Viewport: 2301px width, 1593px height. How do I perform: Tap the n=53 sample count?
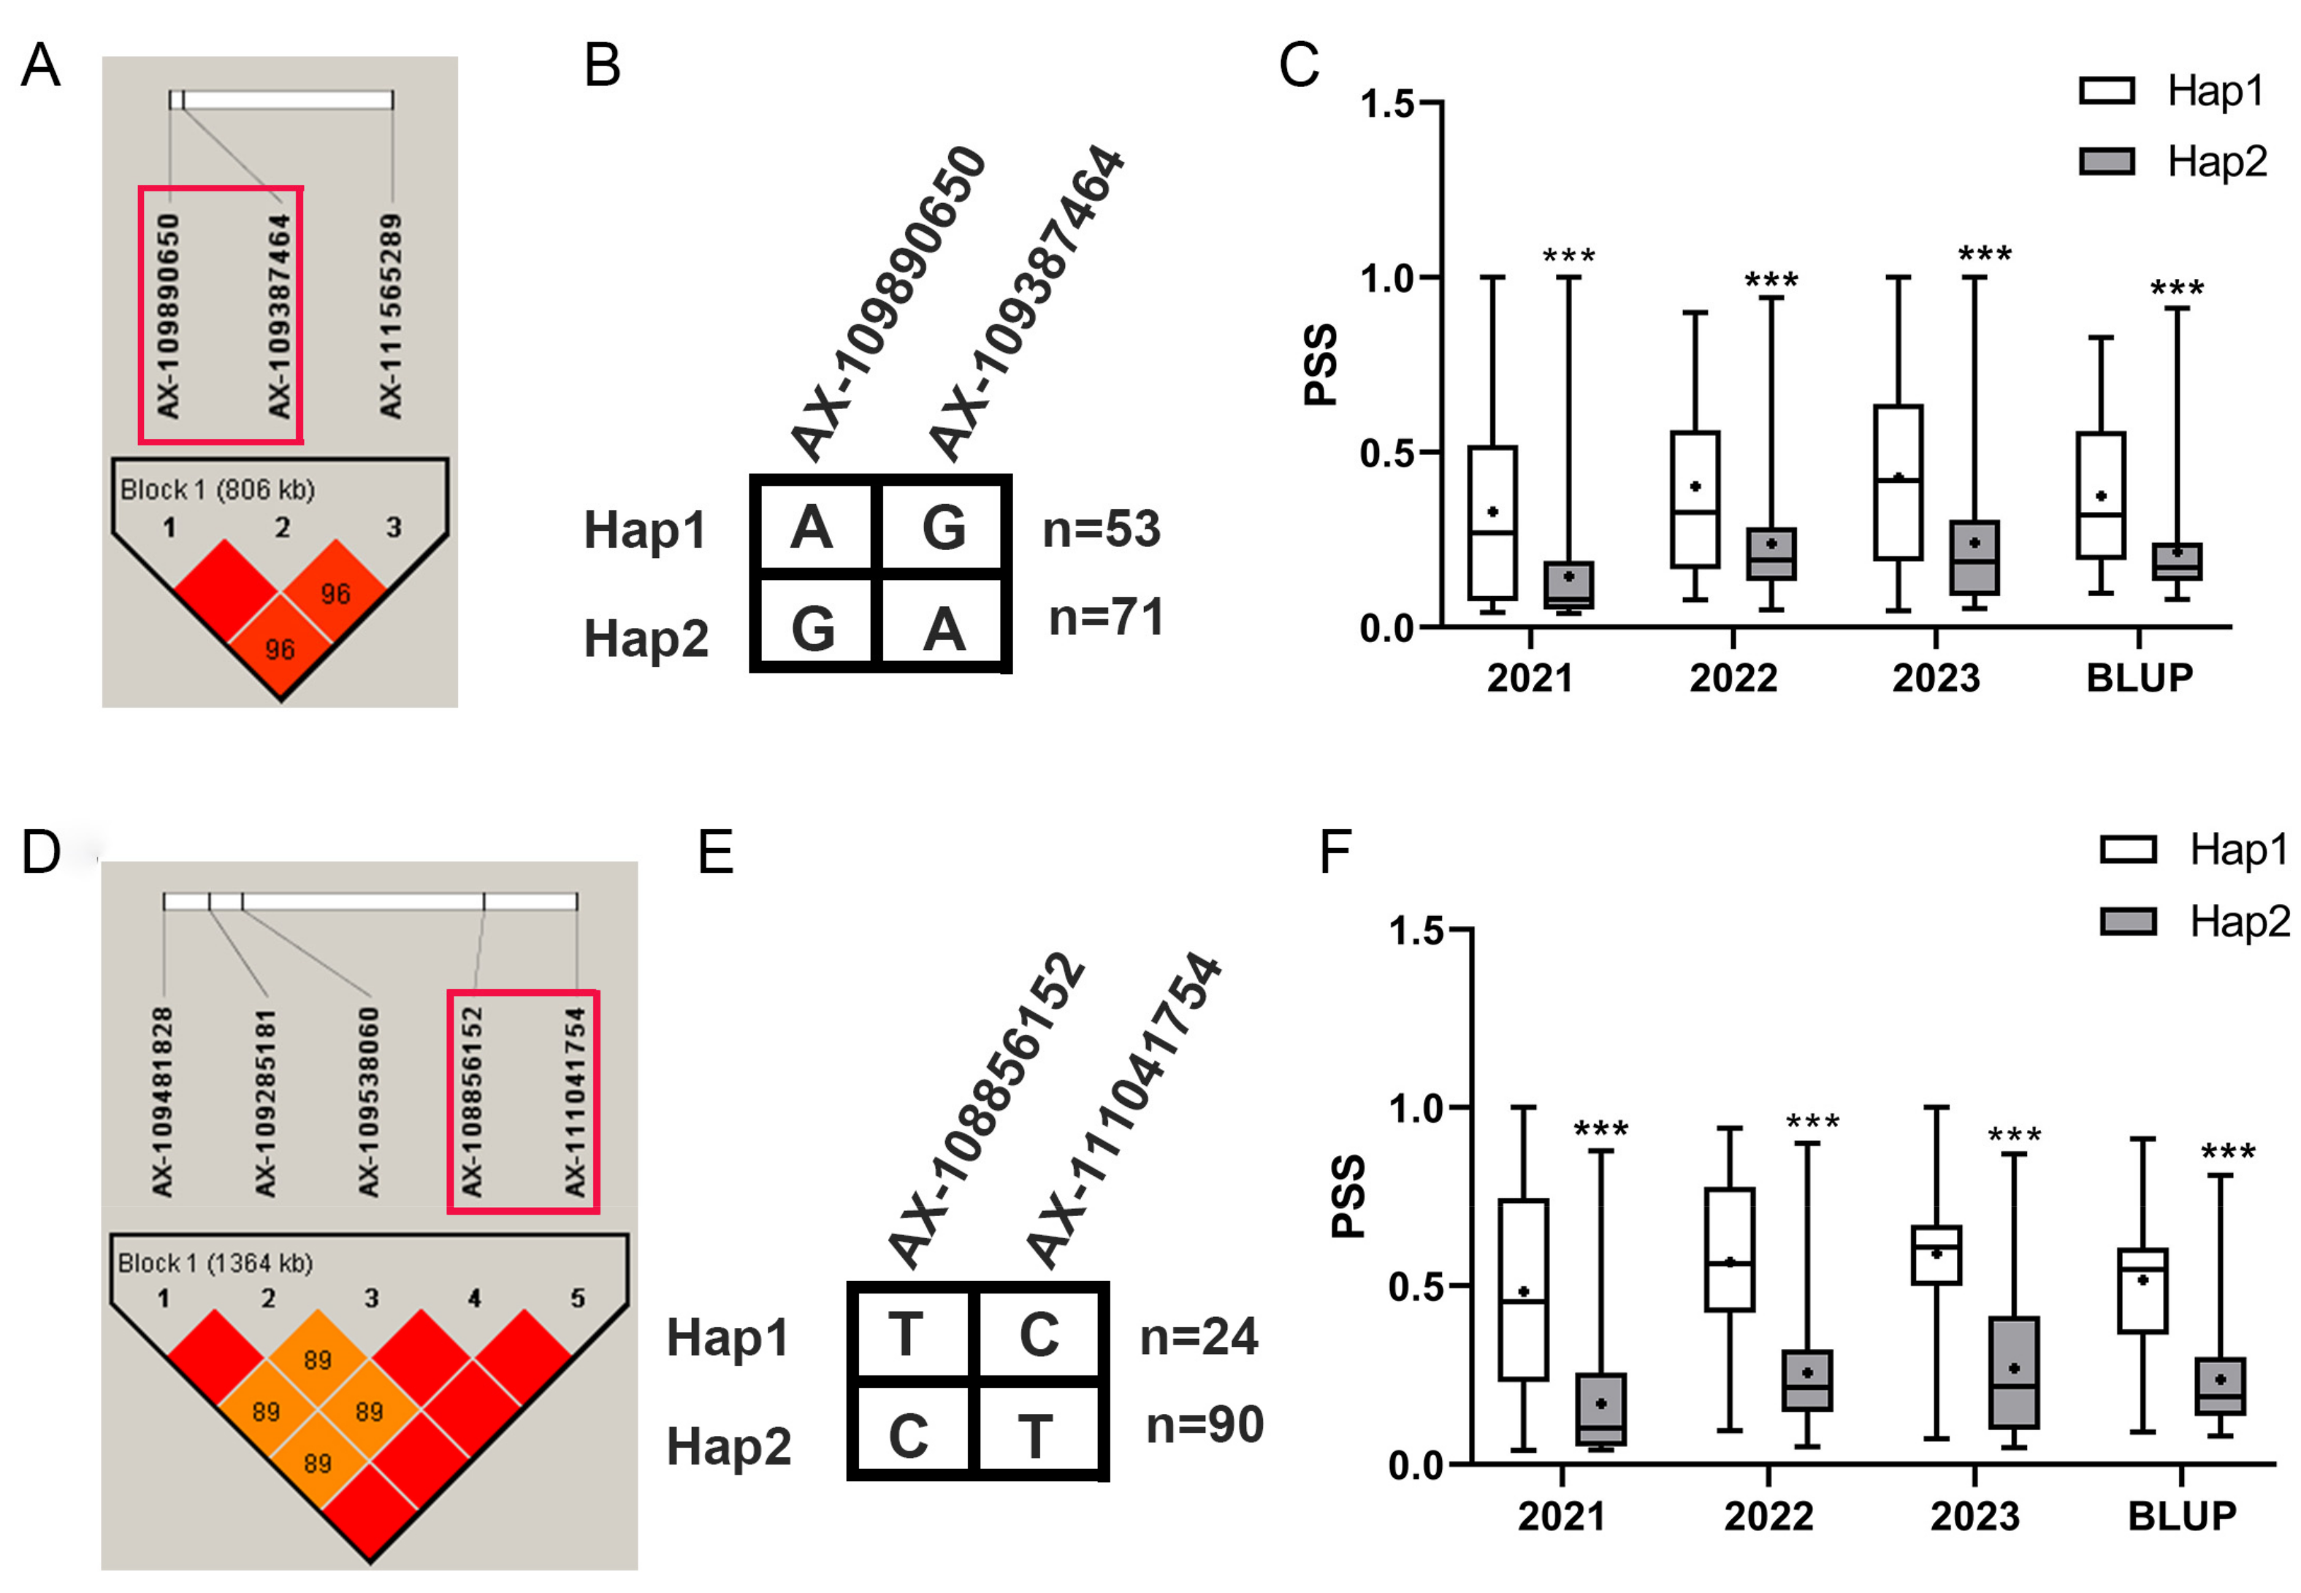click(x=1101, y=529)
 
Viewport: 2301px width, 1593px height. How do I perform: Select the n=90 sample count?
click(x=1204, y=1424)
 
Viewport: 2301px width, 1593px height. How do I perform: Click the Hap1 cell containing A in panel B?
click(x=812, y=527)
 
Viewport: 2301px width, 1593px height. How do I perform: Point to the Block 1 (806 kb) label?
click(x=217, y=490)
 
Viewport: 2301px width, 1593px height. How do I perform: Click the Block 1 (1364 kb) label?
click(x=215, y=1264)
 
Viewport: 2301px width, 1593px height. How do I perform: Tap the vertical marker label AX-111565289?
click(x=390, y=316)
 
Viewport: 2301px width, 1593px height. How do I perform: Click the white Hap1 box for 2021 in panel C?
click(x=1492, y=523)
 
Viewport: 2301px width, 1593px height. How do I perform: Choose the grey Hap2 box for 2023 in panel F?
click(x=2013, y=1372)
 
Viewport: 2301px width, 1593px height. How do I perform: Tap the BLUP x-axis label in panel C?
click(x=2140, y=679)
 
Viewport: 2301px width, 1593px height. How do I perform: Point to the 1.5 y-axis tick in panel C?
click(x=1389, y=104)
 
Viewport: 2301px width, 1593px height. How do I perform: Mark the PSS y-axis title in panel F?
click(x=1348, y=1196)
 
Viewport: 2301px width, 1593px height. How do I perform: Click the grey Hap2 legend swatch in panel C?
click(x=2107, y=161)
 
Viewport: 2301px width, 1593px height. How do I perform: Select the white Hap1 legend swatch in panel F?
click(x=2127, y=850)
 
